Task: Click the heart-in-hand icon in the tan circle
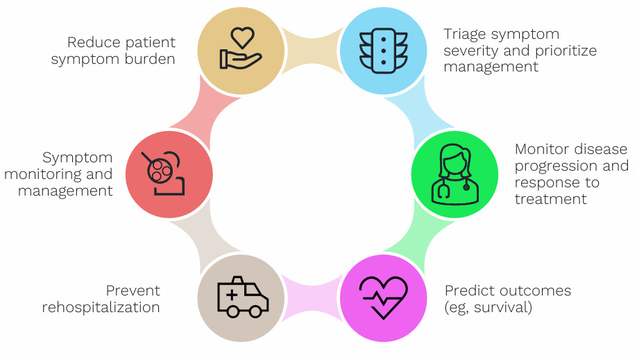point(240,49)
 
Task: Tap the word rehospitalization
point(101,307)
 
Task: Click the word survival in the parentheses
point(507,307)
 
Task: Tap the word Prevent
point(133,290)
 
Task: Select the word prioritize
point(565,51)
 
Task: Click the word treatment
point(551,199)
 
